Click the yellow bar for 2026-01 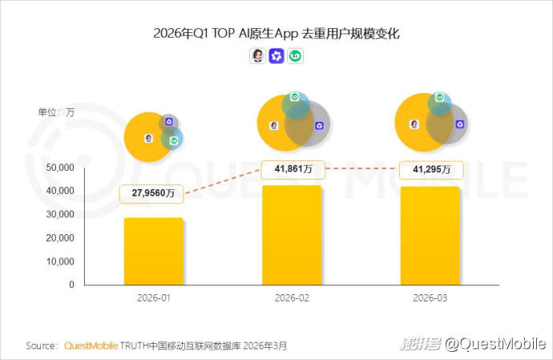(x=153, y=251)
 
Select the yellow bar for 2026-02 (x=292, y=235)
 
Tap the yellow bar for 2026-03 (x=430, y=236)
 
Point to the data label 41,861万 (x=292, y=169)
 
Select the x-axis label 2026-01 (x=153, y=298)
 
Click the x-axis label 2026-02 (x=292, y=298)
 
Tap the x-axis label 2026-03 (x=430, y=298)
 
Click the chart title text (x=276, y=34)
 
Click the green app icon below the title (x=296, y=56)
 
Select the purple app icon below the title (x=276, y=56)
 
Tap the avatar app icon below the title (x=257, y=56)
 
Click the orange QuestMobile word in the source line (x=91, y=346)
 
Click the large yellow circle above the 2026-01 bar (x=144, y=138)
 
